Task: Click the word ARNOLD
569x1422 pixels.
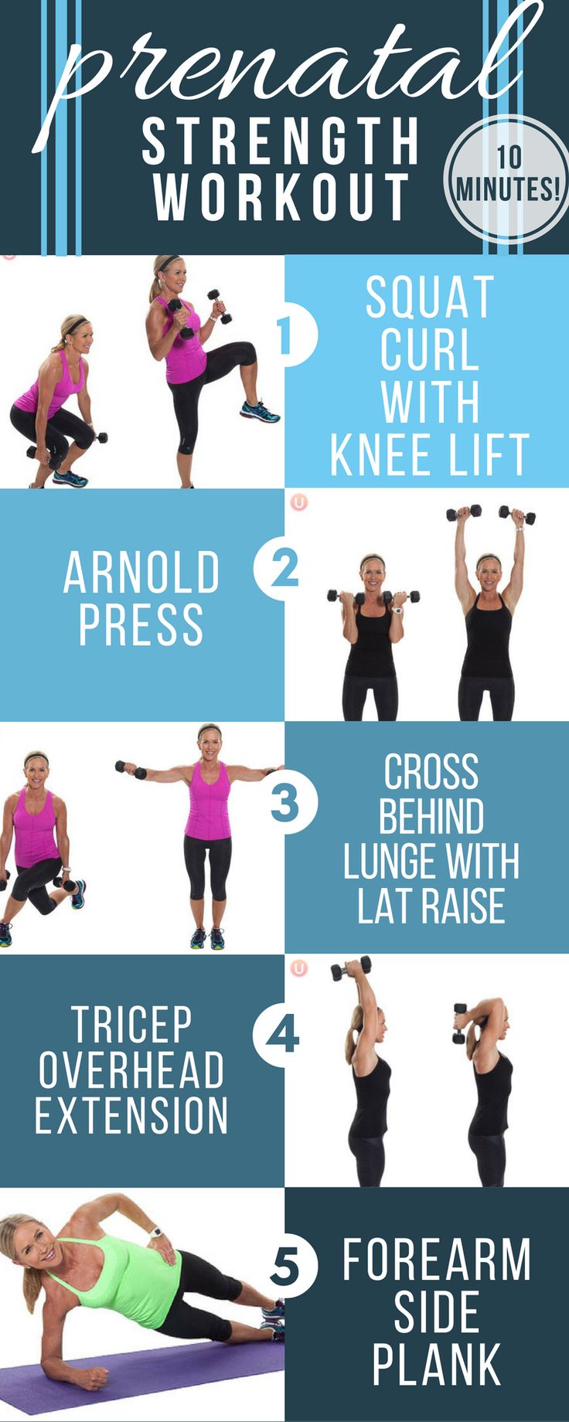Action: [x=141, y=573]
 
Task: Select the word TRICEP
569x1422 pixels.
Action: [x=131, y=1025]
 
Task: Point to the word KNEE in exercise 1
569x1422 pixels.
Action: [x=380, y=454]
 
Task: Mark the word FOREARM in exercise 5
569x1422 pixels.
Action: [x=437, y=1259]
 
